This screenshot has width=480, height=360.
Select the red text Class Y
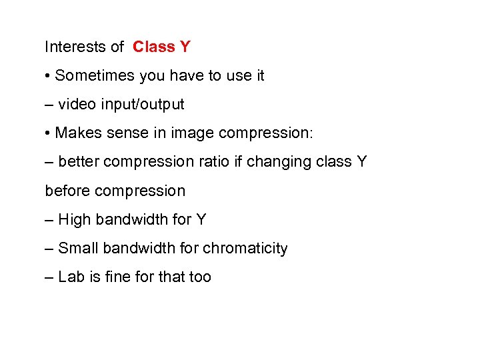tap(161, 47)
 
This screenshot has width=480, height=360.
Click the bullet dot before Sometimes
tap(48, 76)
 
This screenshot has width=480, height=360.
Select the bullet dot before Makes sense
tap(48, 133)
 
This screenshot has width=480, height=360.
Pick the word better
tap(79, 162)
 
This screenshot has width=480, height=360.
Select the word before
tap(67, 191)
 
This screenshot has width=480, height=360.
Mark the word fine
tap(115, 277)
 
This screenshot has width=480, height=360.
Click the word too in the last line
tap(200, 277)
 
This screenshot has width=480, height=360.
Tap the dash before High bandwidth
tap(49, 220)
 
